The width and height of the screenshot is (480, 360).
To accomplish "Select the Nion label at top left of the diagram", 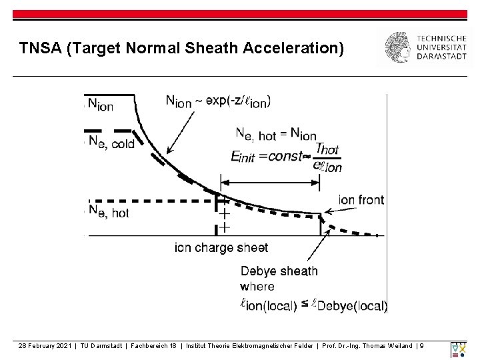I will (101, 105).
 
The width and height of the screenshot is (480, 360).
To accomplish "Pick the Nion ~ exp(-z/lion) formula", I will (218, 101).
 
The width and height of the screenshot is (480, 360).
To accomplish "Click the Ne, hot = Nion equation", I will (276, 134).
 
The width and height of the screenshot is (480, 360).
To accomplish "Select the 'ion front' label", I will (362, 199).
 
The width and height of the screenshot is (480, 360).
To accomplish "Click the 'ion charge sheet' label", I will (221, 247).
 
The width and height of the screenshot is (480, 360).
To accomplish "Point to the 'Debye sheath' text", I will (279, 271).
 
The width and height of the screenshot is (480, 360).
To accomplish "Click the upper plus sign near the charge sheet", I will (225, 213).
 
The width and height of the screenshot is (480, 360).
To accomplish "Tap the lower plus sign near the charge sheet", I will (225, 227).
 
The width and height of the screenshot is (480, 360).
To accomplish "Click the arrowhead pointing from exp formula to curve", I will (168, 153).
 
